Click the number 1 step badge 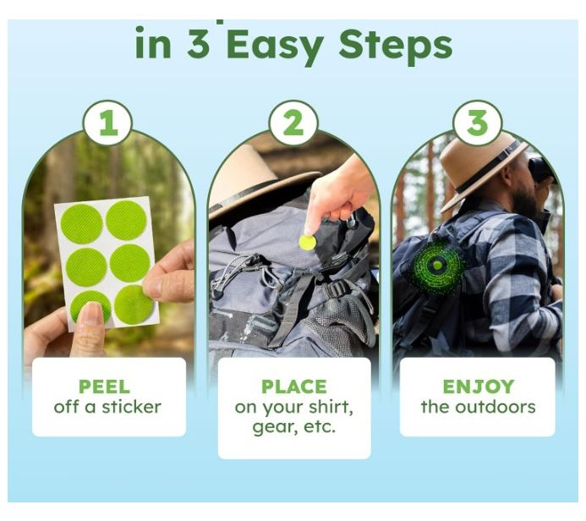click(107, 123)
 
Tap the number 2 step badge click(293, 123)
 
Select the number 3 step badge click(477, 123)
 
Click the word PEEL click(104, 387)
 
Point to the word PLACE click(293, 387)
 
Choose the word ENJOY click(479, 387)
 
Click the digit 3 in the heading click(199, 44)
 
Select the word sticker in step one click(132, 407)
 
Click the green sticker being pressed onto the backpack click(307, 243)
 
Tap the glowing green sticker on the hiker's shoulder click(438, 266)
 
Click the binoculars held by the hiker click(541, 170)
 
